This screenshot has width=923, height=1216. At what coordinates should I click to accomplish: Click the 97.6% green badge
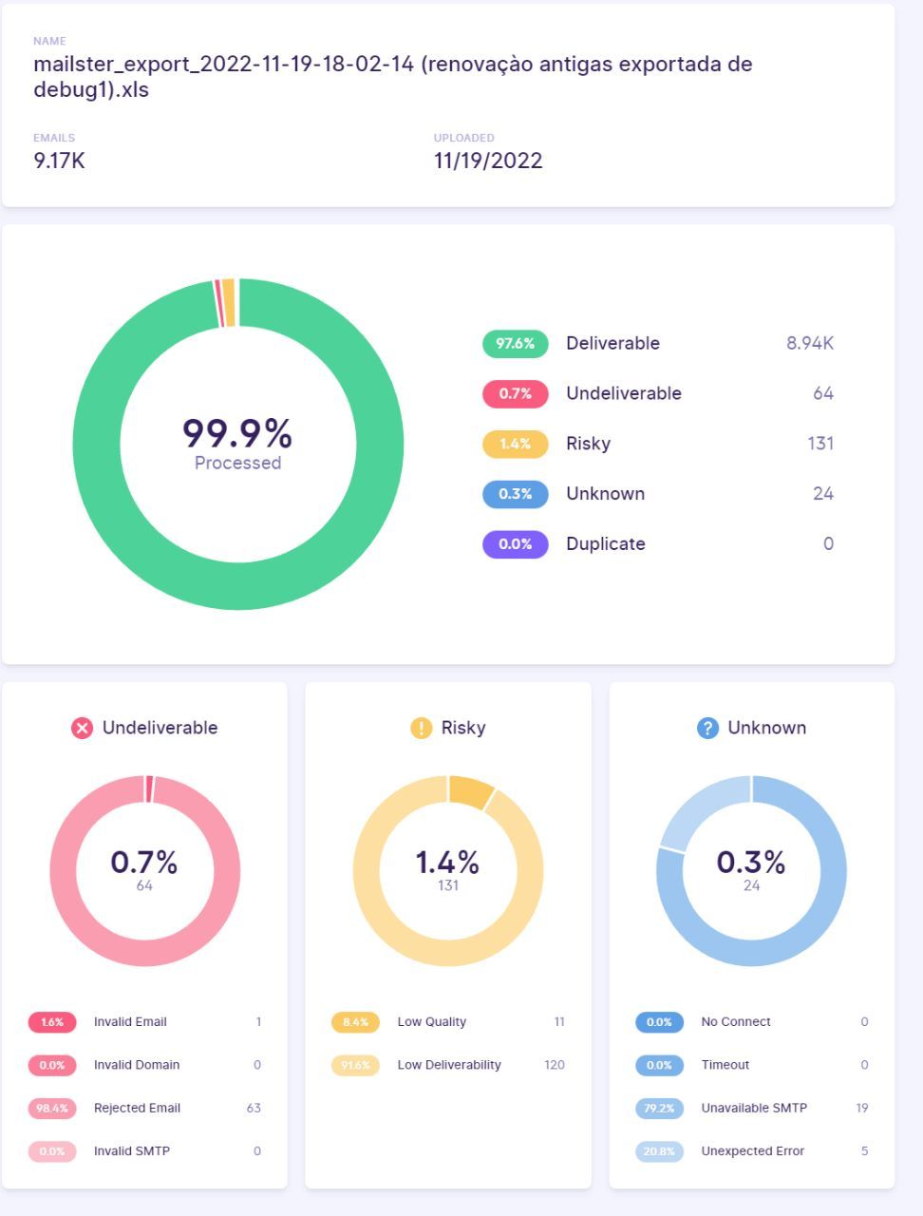(515, 344)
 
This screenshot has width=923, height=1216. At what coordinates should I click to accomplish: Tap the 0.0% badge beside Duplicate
(515, 544)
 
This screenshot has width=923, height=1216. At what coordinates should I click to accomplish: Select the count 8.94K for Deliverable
(809, 344)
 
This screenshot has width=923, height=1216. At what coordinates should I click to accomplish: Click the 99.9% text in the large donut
(237, 433)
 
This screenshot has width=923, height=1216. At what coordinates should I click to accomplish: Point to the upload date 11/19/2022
(488, 161)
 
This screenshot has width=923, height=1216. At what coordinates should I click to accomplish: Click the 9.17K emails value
(59, 161)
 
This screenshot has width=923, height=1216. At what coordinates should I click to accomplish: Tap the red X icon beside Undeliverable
(83, 729)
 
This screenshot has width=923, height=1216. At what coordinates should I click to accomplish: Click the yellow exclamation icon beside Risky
(421, 729)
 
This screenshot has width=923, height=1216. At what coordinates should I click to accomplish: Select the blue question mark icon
(707, 729)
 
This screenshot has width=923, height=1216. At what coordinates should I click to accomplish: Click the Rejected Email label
(137, 1108)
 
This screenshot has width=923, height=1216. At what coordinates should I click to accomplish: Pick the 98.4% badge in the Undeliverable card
(51, 1108)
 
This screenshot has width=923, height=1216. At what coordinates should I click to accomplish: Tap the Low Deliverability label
(449, 1065)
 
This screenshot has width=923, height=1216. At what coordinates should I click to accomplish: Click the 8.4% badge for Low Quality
(355, 1022)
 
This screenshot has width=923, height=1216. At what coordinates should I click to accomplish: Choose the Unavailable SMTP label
(754, 1108)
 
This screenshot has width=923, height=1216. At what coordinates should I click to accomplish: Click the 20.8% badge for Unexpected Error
(659, 1151)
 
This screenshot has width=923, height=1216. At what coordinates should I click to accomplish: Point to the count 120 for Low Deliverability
(555, 1065)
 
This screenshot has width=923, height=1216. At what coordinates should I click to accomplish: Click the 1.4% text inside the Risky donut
(447, 862)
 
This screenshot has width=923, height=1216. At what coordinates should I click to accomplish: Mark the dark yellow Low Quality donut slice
(470, 791)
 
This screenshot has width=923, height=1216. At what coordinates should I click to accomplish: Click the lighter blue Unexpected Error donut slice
(695, 809)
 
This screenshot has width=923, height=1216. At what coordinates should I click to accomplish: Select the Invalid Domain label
(137, 1065)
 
